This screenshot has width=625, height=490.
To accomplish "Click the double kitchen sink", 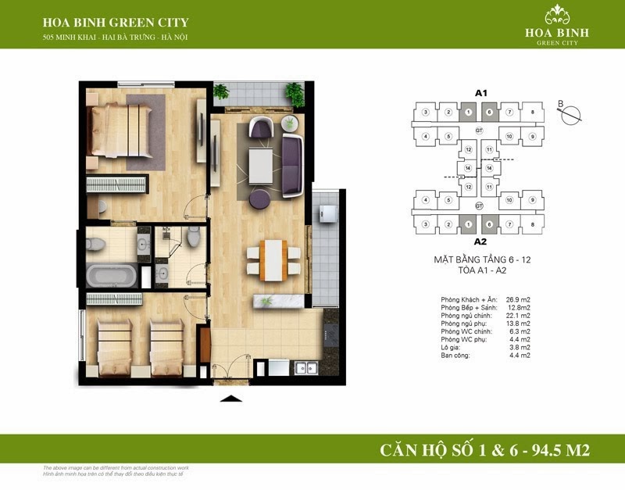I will pyautogui.click(x=305, y=367).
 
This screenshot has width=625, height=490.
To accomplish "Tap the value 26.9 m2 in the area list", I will pyautogui.click(x=518, y=300).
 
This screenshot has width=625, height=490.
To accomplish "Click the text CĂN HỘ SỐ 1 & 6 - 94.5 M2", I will pyautogui.click(x=484, y=449).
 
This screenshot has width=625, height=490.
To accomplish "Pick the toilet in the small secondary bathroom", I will pyautogui.click(x=193, y=236).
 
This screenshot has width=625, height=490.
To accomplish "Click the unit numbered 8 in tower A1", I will pyautogui.click(x=532, y=113).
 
